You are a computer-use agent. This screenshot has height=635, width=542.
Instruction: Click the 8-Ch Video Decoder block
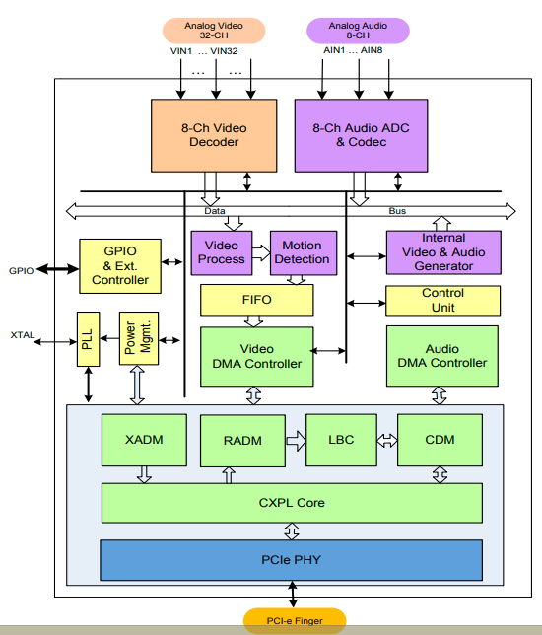coord(214,136)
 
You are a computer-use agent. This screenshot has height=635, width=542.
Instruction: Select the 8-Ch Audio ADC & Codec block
coord(361,136)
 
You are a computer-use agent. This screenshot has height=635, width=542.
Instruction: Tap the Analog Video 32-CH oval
coord(214,31)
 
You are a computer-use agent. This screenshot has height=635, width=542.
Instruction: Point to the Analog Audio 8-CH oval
coord(358,31)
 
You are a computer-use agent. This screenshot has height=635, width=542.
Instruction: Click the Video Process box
coord(222,253)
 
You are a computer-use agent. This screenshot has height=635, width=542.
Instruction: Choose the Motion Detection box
coord(304,253)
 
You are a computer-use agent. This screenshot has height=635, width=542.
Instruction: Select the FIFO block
coord(256,300)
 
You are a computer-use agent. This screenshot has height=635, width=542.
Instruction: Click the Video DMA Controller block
coord(256,356)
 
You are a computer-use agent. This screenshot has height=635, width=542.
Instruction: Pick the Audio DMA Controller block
coord(442,356)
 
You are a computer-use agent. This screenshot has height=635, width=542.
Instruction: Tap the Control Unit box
coord(442,301)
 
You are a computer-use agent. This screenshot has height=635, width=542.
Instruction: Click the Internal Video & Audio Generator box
coord(443,252)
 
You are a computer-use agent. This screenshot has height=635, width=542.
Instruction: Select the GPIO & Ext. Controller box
coord(120,266)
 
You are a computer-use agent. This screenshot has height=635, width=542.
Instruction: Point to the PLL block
coord(89,339)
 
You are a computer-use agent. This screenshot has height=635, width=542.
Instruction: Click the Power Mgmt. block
coord(139,338)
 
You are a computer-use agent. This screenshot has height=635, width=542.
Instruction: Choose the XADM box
coord(144,440)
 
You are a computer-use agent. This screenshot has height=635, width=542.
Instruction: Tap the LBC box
coord(341,440)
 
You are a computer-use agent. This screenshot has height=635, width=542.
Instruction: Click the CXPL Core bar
coord(292,503)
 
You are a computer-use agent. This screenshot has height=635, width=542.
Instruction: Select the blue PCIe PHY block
coord(292,560)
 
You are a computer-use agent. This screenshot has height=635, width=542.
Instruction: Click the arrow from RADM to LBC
coord(297,441)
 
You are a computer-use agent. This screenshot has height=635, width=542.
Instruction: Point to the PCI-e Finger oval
coord(295,621)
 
